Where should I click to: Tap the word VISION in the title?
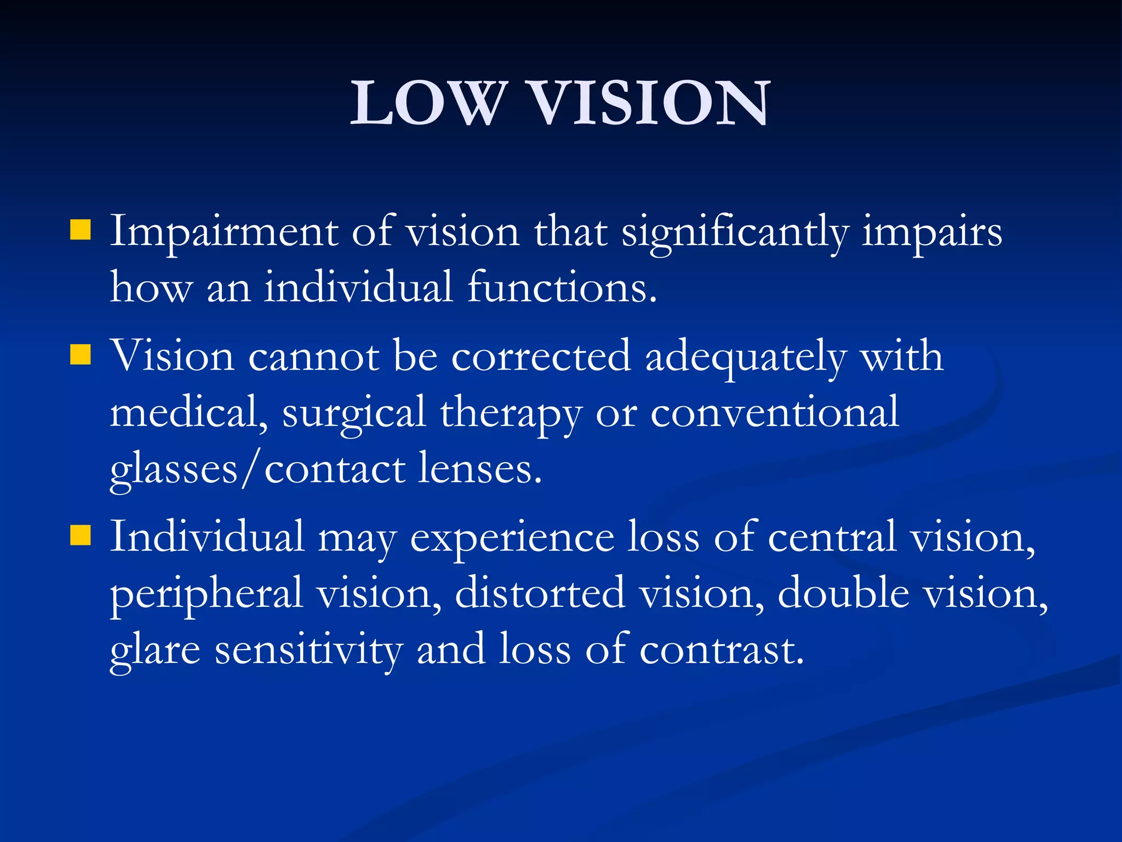[650, 103]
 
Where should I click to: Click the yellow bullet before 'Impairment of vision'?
[80, 230]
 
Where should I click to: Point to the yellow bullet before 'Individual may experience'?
[80, 536]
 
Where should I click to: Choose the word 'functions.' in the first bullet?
[562, 287]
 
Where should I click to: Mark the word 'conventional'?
[775, 412]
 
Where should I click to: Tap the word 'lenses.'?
[480, 469]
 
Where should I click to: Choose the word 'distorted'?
[540, 593]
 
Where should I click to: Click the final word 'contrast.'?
[722, 650]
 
